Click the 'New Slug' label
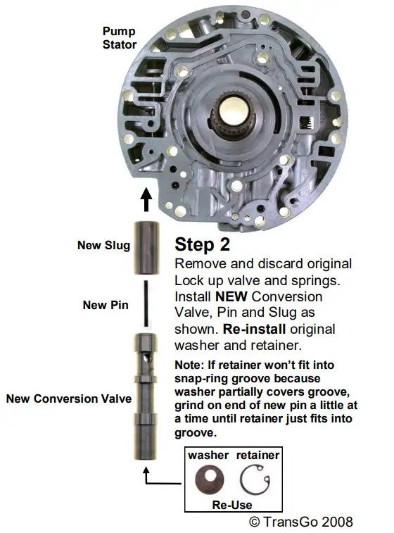(x=105, y=246)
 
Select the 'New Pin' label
(x=104, y=305)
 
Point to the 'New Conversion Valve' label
(x=68, y=399)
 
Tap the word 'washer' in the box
(x=208, y=455)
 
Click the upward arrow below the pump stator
(x=146, y=199)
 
